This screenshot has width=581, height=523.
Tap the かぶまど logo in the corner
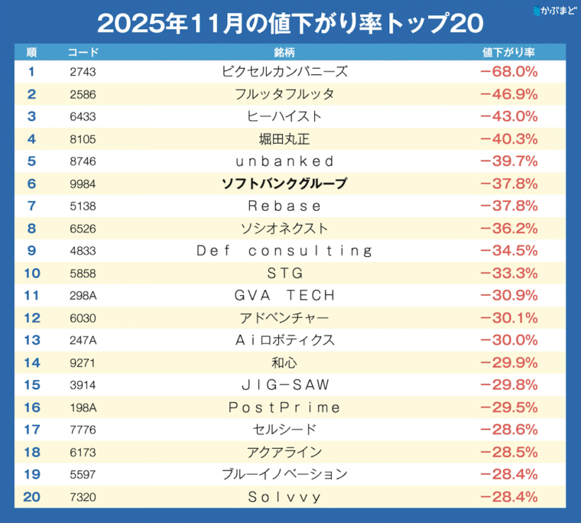pos(554,11)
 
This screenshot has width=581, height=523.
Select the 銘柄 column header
pos(284,53)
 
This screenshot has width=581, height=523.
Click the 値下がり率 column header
pos(508,53)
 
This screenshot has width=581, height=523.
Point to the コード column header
pos(83,53)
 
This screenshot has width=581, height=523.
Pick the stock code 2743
pos(83,72)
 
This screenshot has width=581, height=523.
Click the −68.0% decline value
pos(508,72)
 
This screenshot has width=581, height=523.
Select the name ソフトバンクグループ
pos(284,184)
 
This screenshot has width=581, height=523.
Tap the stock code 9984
pos(83,184)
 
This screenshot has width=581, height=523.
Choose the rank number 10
pos(31,273)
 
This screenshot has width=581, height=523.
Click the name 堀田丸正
pos(284,139)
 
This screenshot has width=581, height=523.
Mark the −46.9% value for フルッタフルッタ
pos(508,94)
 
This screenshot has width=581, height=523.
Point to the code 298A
pos(83,295)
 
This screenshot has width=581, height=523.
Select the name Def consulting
pos(284,251)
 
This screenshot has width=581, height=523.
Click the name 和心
pos(284,362)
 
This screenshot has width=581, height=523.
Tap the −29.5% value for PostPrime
pos(508,408)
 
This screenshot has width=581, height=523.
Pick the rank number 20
pos(31,497)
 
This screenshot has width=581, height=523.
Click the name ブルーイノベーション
pos(284,474)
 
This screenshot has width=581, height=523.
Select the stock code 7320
pos(83,497)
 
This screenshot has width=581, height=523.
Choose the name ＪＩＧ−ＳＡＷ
pos(284,385)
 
